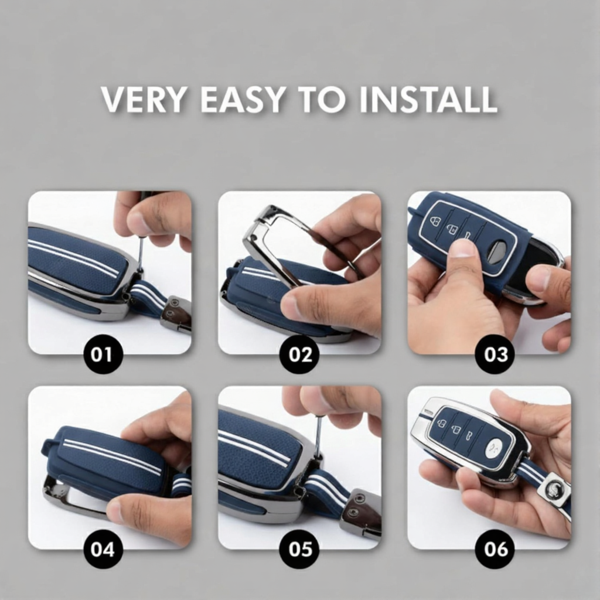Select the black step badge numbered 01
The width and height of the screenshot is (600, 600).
(x=103, y=354)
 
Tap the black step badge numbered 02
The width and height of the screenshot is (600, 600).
(x=299, y=354)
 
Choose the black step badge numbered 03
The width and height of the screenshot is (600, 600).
(x=495, y=354)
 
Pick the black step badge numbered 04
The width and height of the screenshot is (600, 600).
(x=103, y=549)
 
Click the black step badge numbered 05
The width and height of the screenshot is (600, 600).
(x=299, y=549)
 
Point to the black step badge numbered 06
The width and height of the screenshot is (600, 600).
(x=495, y=549)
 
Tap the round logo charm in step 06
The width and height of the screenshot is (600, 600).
(x=553, y=489)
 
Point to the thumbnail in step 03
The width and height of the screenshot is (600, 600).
(x=463, y=248)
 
